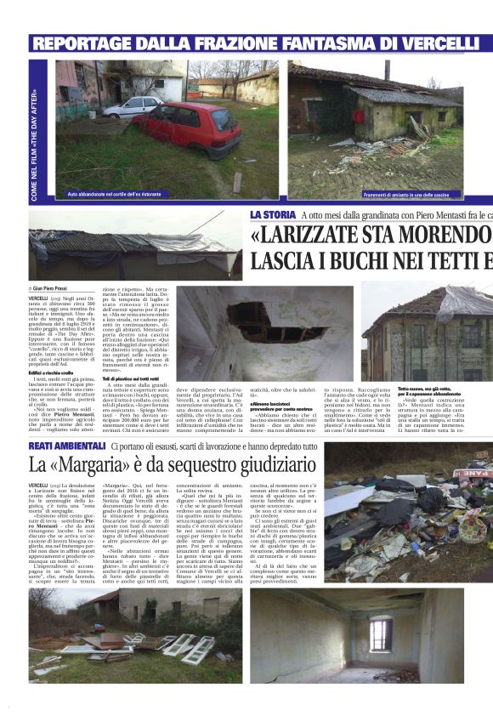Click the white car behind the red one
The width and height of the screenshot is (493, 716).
133,105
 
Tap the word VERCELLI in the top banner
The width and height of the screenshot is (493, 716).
429,43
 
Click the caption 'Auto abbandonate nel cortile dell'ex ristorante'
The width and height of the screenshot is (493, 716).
116,194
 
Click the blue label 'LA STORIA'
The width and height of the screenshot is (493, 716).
272,214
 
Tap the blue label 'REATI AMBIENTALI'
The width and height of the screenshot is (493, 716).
69,445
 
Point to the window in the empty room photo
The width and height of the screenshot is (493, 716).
380,634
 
